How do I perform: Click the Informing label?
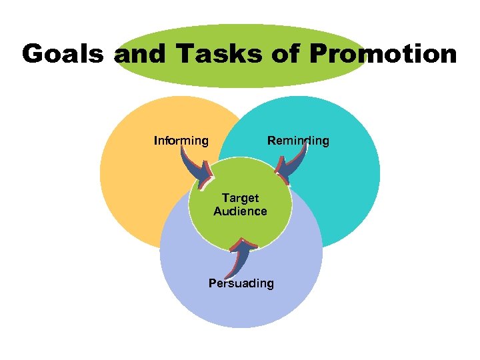point(181,141)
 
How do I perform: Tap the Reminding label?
point(298,141)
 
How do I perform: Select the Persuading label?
point(241,283)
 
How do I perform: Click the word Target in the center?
point(240,199)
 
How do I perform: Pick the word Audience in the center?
point(240,211)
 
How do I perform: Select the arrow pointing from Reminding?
point(291,167)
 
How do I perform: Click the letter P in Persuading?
point(213,283)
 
